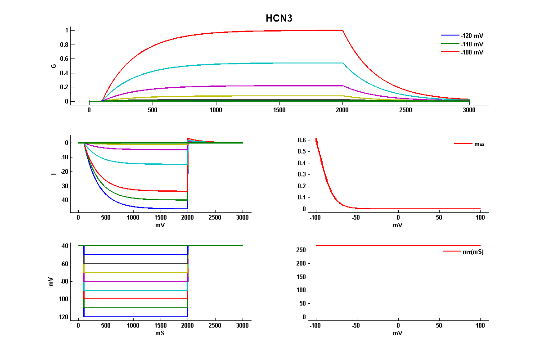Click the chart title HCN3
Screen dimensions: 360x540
(x=279, y=18)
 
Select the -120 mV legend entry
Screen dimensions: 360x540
(x=472, y=36)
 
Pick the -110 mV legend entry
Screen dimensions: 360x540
(x=472, y=44)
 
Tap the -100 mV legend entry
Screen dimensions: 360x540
(x=472, y=53)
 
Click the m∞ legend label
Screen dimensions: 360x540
(x=479, y=144)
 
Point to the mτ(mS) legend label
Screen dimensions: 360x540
(x=473, y=252)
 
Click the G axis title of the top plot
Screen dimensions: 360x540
(x=54, y=66)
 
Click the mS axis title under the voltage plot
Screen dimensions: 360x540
(x=160, y=333)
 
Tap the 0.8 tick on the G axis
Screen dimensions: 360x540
(x=64, y=45)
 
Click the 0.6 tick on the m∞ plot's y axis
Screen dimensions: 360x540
(x=301, y=140)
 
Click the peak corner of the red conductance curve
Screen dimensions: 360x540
(x=342, y=30)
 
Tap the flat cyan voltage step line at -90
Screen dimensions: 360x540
(x=135, y=290)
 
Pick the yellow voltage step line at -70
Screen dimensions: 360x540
(x=135, y=272)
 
